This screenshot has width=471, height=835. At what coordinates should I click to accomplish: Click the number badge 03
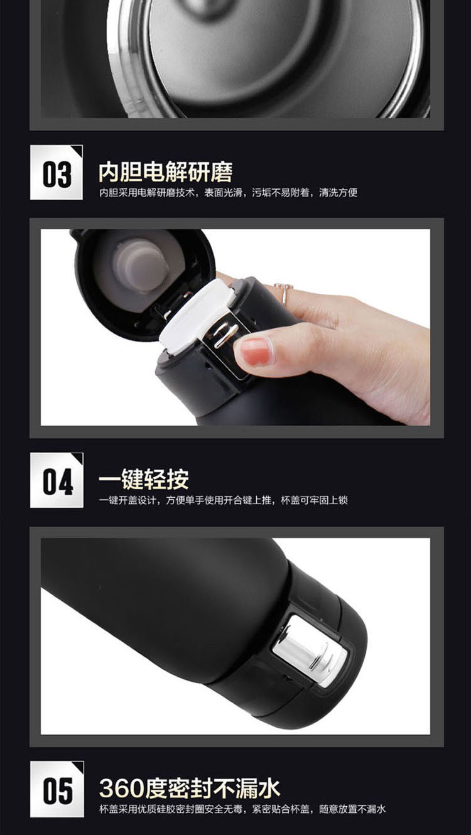[x=57, y=173]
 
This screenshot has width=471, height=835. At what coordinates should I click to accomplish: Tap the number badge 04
[x=57, y=480]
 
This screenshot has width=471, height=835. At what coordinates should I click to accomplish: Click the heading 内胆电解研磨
[x=166, y=172]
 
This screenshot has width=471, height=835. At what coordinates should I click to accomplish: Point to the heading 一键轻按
[x=144, y=479]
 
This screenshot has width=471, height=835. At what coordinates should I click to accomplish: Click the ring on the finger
[x=284, y=293]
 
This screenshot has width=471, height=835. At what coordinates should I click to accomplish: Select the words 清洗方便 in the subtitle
[x=338, y=192]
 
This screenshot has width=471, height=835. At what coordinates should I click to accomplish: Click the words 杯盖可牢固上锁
[x=314, y=500]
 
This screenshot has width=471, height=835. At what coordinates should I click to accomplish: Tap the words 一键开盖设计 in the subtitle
[x=127, y=500]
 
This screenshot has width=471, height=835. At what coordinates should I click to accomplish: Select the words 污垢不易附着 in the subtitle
[x=281, y=192]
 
